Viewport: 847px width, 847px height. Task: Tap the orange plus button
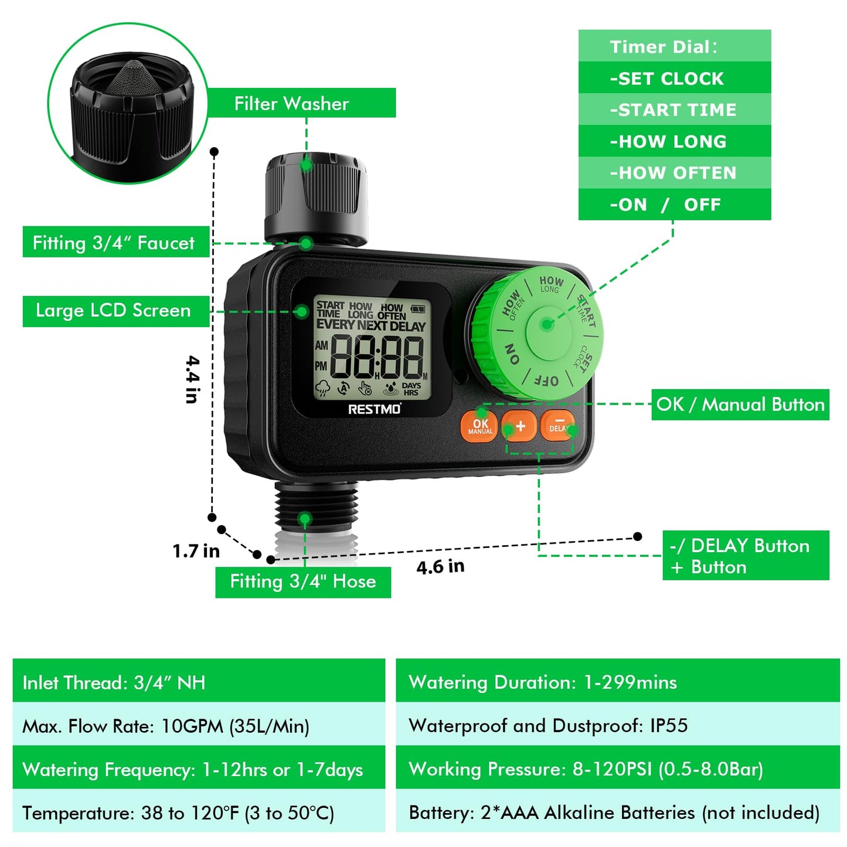[520, 426]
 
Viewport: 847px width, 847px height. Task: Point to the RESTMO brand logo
[375, 409]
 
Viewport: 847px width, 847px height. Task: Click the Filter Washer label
[291, 104]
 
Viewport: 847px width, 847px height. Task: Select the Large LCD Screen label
[114, 311]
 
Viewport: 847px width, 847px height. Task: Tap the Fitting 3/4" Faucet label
[114, 243]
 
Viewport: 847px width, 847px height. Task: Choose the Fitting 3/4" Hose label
[302, 581]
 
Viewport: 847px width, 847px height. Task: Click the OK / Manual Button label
[740, 404]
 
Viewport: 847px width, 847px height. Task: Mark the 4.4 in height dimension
[192, 379]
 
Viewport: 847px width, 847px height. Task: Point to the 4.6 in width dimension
[440, 567]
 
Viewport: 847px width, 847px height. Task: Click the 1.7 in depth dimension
[196, 551]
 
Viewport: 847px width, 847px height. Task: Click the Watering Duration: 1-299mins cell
[617, 682]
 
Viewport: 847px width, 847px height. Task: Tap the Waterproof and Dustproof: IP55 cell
[617, 725]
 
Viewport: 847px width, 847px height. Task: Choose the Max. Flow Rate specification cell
[199, 726]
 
